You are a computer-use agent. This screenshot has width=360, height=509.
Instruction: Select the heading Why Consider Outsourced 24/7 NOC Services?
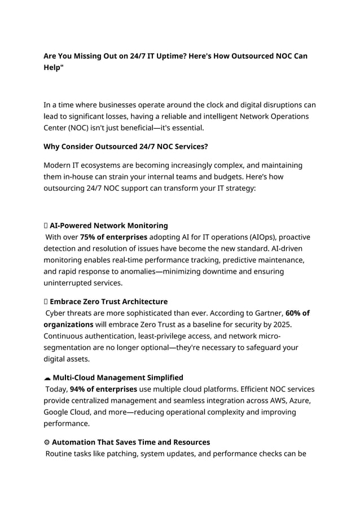(125, 147)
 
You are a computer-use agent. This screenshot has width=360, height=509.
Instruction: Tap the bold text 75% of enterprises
(113, 237)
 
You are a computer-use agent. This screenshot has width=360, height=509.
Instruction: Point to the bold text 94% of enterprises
(103, 389)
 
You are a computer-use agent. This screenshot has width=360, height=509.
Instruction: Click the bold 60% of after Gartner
(298, 313)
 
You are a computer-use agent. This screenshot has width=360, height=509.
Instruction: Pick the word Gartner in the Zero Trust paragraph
(266, 313)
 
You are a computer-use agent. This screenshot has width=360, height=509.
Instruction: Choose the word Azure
(298, 401)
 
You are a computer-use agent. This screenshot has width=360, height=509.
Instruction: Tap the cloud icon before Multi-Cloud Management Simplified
(46, 378)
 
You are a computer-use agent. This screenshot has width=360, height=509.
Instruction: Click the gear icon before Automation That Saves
(46, 442)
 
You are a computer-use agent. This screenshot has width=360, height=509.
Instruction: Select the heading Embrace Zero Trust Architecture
(108, 302)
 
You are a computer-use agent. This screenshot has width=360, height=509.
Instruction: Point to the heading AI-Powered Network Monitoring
(108, 226)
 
